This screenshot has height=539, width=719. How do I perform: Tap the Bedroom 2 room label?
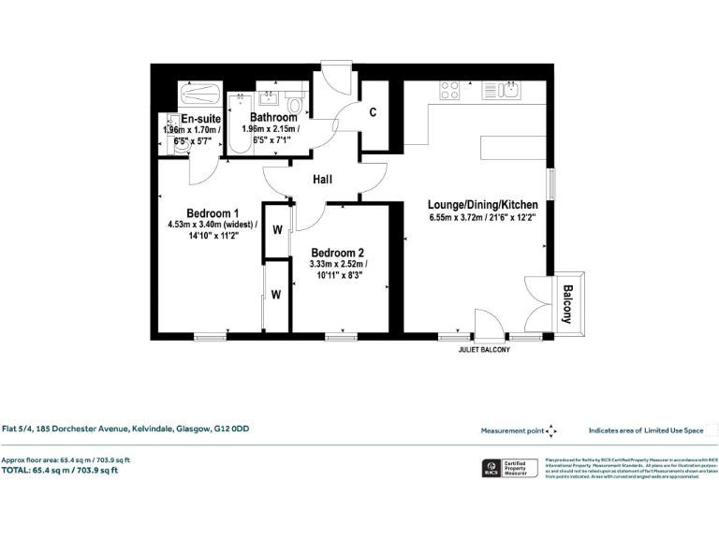tap(338, 253)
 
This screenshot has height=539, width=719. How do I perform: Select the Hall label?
tap(324, 181)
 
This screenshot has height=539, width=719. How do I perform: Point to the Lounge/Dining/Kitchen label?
tap(482, 205)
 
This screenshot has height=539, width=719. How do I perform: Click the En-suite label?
tap(200, 119)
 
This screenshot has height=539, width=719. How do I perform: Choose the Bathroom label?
tap(273, 117)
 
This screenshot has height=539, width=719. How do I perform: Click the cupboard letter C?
tap(373, 112)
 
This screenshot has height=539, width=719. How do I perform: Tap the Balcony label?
tap(566, 304)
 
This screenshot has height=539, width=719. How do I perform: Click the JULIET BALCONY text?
tap(484, 350)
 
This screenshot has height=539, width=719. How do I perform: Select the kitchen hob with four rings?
tap(450, 91)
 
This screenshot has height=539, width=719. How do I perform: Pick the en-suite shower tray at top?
tap(201, 95)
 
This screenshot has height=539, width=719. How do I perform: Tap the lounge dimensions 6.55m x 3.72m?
tap(482, 219)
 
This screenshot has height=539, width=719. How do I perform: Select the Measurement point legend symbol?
tap(551, 431)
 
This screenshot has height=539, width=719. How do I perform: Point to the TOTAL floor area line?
tap(66, 471)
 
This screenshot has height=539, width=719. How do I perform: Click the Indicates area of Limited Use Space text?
tap(646, 431)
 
